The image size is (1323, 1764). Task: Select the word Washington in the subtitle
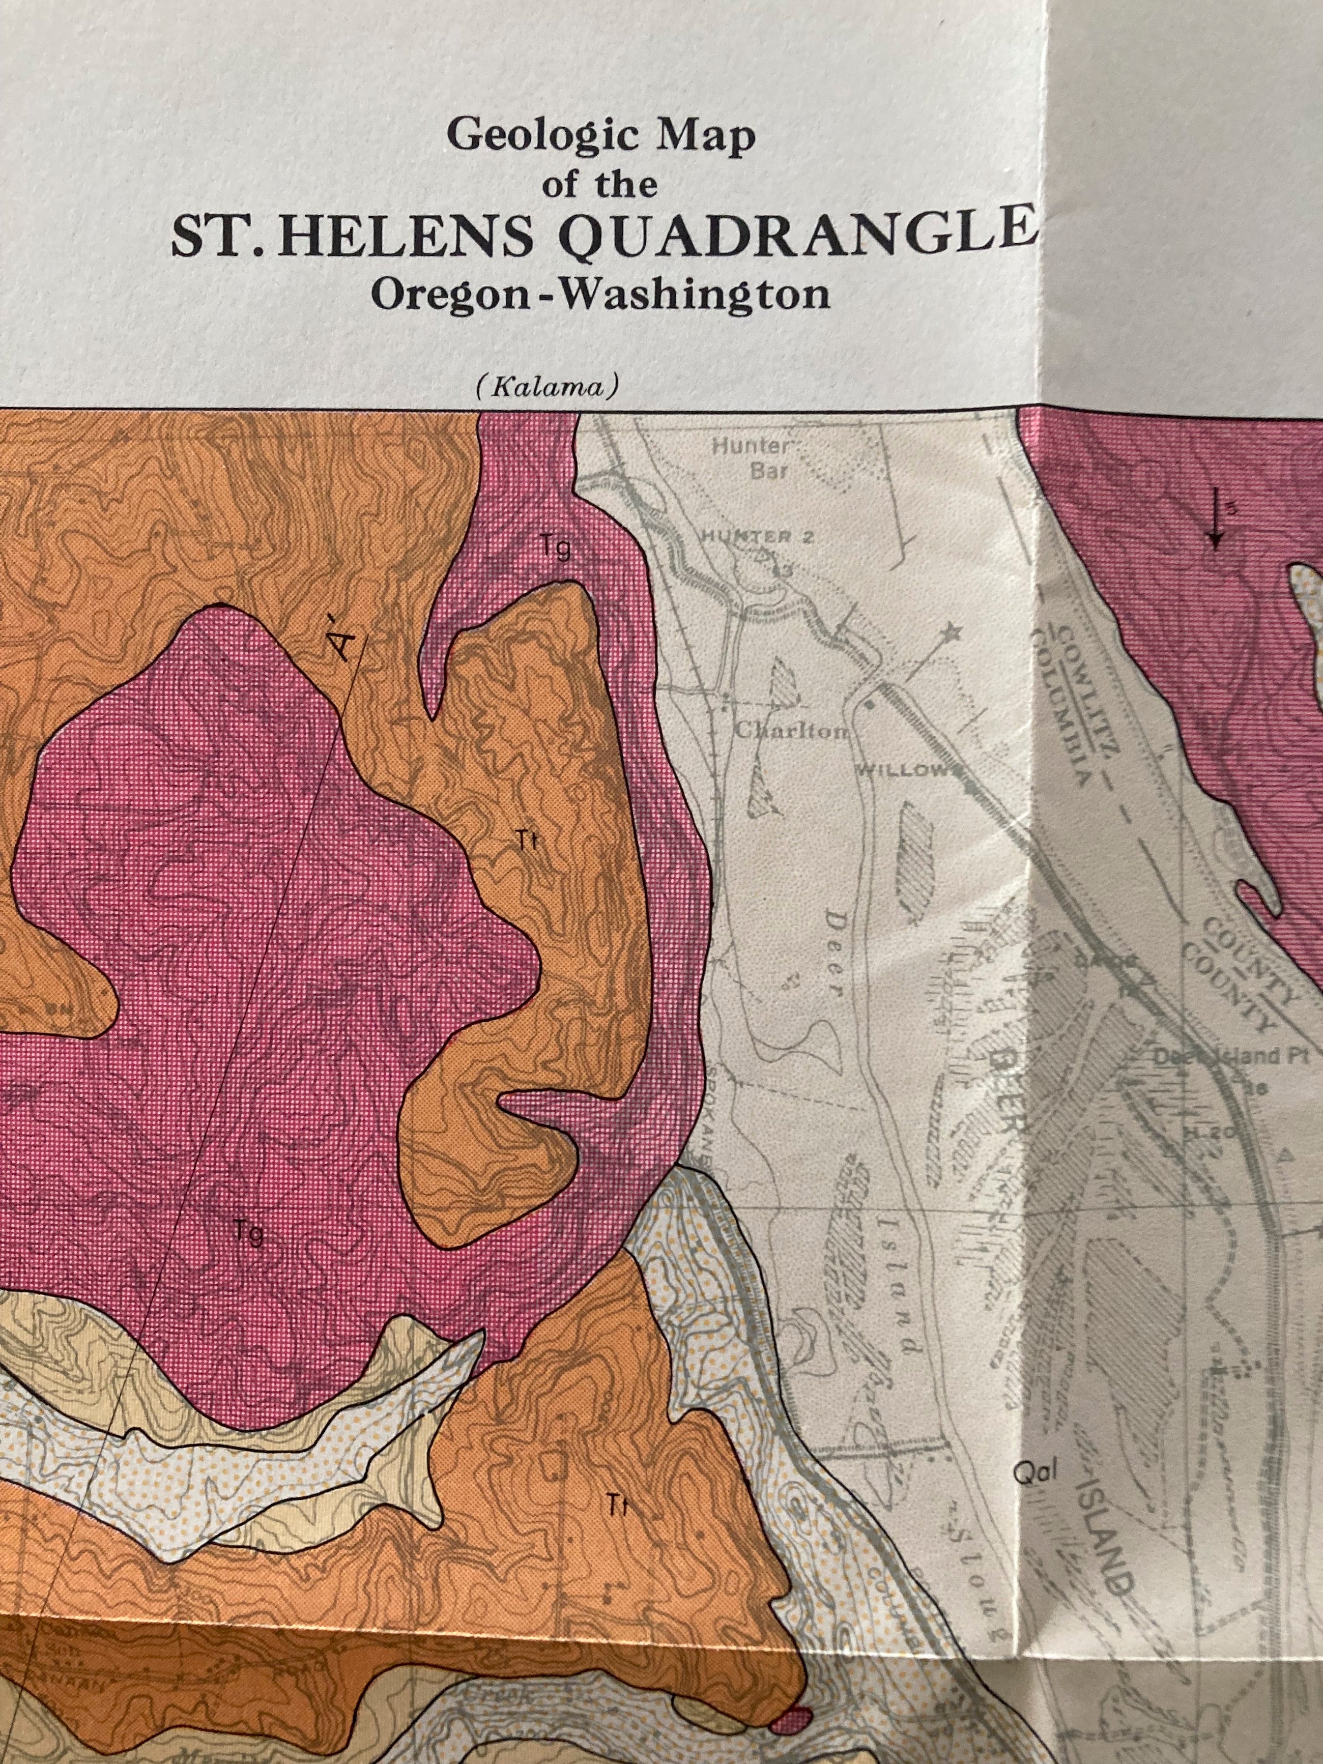692,294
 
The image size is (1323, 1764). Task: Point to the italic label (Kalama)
547,388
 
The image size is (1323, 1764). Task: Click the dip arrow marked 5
1215,518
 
